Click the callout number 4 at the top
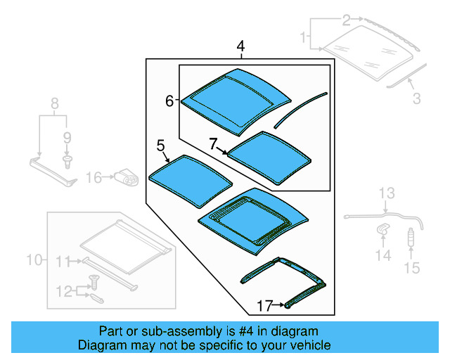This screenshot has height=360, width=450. pos(240,47)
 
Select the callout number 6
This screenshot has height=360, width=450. pos(169,101)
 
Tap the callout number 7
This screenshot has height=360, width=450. pos(213,143)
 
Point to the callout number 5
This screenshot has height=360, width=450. pos(160,146)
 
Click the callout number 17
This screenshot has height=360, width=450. pos(264,306)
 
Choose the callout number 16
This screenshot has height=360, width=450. pos(94,177)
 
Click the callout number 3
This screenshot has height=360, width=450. pos(416,99)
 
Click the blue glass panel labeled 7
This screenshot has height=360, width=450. pos(269,157)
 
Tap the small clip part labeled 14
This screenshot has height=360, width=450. pos(382,229)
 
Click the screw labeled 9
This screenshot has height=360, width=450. pos(67,162)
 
